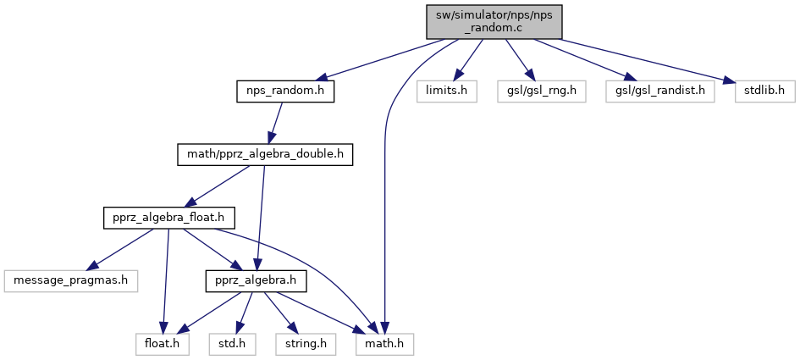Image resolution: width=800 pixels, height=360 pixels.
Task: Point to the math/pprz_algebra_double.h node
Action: [x=264, y=154]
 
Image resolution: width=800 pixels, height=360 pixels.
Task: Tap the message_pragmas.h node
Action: [x=70, y=280]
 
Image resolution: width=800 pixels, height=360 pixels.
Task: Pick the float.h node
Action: [x=162, y=344]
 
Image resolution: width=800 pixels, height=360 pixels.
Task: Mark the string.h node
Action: [x=306, y=344]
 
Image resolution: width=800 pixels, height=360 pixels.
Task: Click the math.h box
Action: [x=385, y=344]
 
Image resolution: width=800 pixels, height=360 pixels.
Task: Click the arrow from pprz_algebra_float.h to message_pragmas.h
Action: [x=128, y=246]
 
